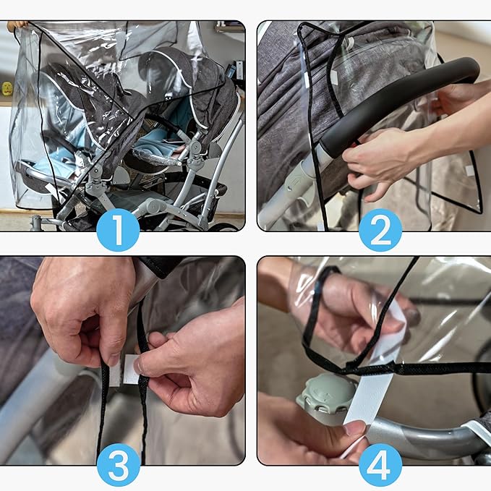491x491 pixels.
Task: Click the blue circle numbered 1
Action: [x=118, y=230]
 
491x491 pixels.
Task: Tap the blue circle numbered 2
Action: [x=380, y=230]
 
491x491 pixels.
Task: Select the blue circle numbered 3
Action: [x=118, y=465]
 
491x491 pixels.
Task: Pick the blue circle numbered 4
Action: [x=380, y=465]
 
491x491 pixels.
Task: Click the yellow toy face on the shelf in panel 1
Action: [x=7, y=88]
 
